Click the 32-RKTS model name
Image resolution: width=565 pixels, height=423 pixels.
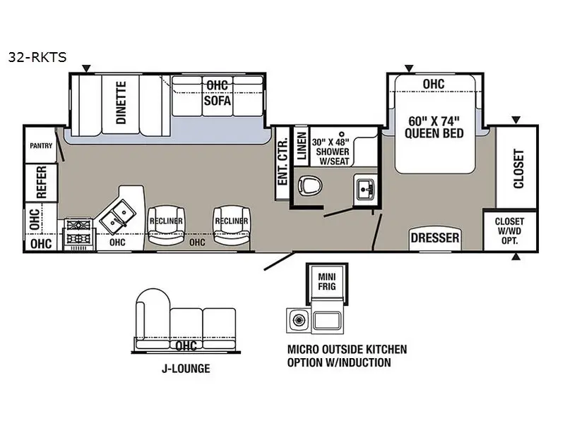(x=37, y=57)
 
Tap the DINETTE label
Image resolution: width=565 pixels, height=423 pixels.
(x=121, y=103)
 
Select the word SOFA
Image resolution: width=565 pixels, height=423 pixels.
(x=218, y=100)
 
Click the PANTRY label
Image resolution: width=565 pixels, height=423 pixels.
(x=41, y=146)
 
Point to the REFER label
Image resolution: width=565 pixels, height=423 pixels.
(x=42, y=182)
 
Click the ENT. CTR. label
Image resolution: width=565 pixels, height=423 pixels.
(x=283, y=162)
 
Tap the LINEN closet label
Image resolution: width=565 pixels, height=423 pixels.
(x=302, y=146)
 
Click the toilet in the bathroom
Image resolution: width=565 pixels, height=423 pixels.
(x=309, y=186)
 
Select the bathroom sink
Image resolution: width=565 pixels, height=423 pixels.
(x=365, y=188)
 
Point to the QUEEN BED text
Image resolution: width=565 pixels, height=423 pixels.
(x=434, y=133)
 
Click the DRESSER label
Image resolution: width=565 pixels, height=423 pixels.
(x=435, y=238)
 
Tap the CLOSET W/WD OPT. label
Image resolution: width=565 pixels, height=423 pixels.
(x=509, y=231)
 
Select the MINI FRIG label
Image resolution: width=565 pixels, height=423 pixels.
(x=327, y=281)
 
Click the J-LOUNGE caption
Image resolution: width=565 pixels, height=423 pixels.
(x=186, y=369)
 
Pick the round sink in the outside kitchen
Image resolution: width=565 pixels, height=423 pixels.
(x=298, y=319)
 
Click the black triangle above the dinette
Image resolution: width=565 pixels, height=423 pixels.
(x=86, y=68)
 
